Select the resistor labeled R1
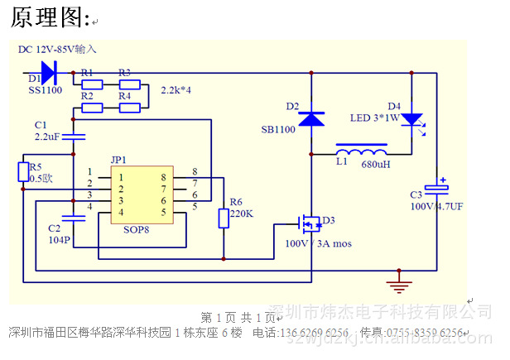tap(92, 84)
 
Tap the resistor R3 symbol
tap(129, 84)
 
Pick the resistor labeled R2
tap(92, 108)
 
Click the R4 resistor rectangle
tap(129, 108)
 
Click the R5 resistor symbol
tap(23, 171)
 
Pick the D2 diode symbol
tap(311, 119)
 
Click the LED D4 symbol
tap(411, 119)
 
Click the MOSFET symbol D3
tap(309, 223)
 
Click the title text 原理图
tap(49, 17)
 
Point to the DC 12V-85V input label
tap(63, 50)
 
